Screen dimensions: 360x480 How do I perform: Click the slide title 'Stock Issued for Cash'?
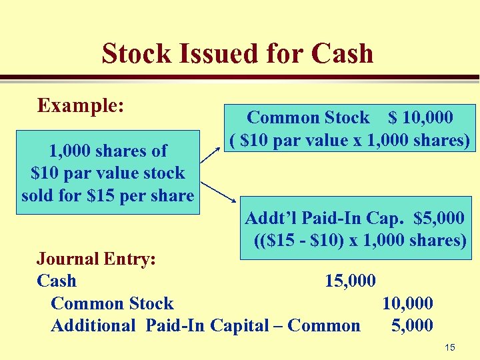(237, 54)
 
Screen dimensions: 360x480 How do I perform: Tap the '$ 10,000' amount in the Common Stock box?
(421, 118)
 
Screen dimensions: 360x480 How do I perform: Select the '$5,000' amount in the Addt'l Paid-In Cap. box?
(439, 218)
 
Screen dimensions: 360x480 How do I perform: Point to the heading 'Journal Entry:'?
(96, 259)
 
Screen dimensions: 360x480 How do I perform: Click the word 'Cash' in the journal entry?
(57, 281)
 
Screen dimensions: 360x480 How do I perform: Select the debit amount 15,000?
(350, 281)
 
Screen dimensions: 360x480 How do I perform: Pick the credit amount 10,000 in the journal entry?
(407, 303)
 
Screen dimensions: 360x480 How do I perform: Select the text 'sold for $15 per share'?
(107, 196)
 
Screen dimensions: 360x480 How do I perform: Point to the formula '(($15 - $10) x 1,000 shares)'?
(360, 240)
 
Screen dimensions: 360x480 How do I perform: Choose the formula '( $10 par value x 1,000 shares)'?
(351, 141)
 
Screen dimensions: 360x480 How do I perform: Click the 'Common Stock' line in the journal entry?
(112, 303)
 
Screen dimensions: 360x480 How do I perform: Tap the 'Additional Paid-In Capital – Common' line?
(205, 325)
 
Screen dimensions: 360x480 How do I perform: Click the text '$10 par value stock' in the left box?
(107, 173)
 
